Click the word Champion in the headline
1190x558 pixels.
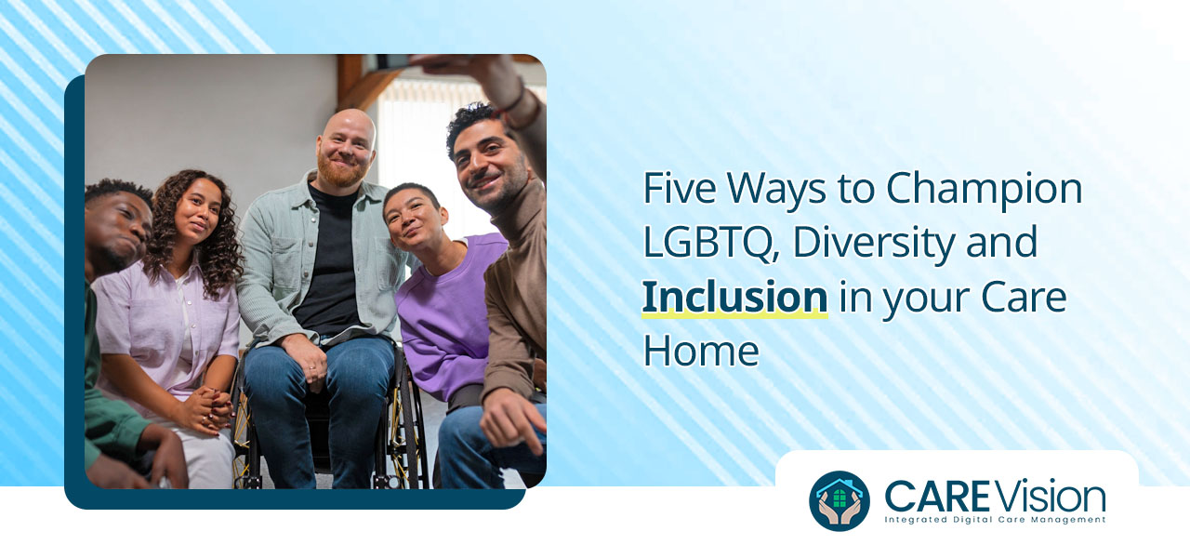tap(984, 189)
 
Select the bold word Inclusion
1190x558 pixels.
tap(734, 297)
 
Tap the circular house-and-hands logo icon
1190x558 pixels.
tap(840, 500)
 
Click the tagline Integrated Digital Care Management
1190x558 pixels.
tap(995, 520)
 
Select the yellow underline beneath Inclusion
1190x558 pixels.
tap(734, 316)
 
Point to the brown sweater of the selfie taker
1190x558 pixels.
tap(516, 279)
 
